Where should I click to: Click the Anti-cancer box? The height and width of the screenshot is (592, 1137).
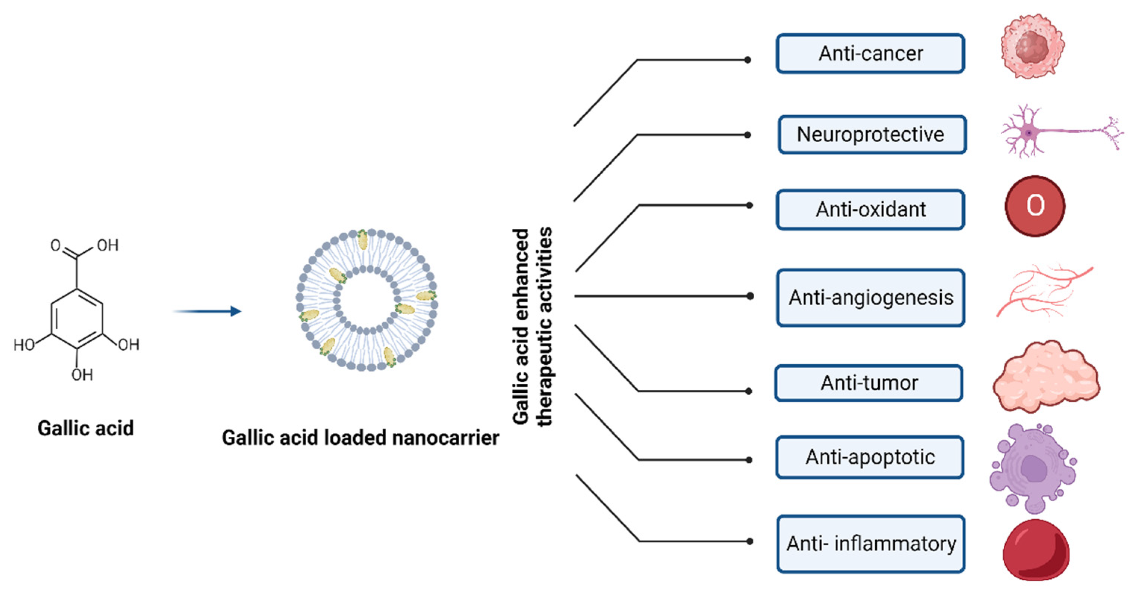[870, 53]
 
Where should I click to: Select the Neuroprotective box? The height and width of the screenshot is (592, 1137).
[872, 134]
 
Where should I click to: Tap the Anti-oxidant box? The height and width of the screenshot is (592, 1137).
[870, 209]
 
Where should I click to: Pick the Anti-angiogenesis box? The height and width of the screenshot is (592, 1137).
[870, 298]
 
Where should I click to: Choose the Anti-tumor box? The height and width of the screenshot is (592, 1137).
[869, 383]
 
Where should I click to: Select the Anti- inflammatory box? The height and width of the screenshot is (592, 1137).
[870, 544]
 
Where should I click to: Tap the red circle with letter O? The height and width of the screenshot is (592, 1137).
[1035, 206]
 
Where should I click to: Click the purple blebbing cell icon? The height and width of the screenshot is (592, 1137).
[1033, 470]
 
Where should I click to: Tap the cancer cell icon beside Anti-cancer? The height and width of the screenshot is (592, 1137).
[1032, 46]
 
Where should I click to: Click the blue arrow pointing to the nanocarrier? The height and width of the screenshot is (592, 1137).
[208, 311]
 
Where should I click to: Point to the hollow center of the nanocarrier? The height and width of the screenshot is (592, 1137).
[366, 300]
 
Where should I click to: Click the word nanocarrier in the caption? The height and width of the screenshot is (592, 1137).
[445, 438]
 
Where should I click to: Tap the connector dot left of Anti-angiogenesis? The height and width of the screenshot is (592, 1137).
[750, 296]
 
